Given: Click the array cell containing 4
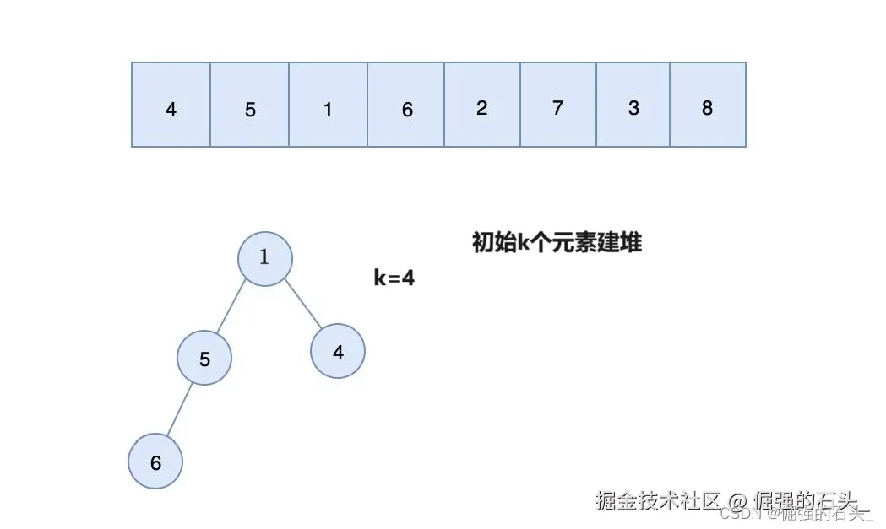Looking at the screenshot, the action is tap(171, 105).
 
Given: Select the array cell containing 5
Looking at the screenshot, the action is tap(249, 105).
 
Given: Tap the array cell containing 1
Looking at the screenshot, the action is tap(328, 105).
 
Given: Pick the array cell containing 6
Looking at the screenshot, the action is tap(406, 105).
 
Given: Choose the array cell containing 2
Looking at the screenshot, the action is tap(482, 105).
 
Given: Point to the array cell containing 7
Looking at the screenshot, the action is tap(558, 105).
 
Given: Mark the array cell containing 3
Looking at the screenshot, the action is tap(633, 105).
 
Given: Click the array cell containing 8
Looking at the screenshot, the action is tap(708, 105).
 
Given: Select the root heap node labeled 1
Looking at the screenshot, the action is tap(264, 258).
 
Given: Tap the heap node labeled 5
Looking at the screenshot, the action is tap(204, 358).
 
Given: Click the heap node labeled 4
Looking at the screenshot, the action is tap(338, 352).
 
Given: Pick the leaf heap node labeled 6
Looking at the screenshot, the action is tap(155, 462).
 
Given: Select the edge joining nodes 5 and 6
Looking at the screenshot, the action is tap(179, 411).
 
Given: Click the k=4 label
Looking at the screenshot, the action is tap(394, 278).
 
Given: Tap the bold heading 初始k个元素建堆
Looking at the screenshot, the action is tap(557, 243).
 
